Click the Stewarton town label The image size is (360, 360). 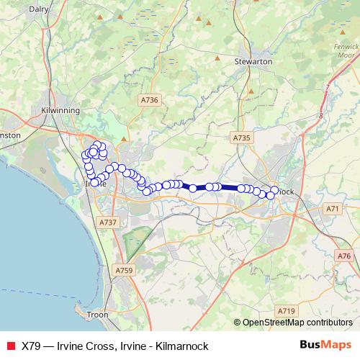pyautogui.click(x=253, y=63)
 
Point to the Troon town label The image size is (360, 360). pyautogui.click(x=96, y=315)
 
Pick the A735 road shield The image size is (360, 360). pyautogui.click(x=241, y=137)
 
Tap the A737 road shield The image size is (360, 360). pyautogui.click(x=108, y=222)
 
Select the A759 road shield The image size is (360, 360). pyautogui.click(x=124, y=270)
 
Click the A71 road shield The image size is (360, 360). pyautogui.click(x=332, y=209)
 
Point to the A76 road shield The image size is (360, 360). pyautogui.click(x=343, y=256)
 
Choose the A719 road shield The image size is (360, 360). pyautogui.click(x=287, y=310)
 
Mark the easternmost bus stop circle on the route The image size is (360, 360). pyautogui.click(x=274, y=191)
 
